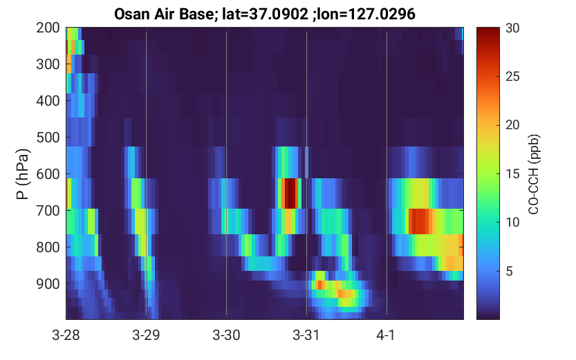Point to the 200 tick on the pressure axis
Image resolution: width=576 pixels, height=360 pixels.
[48, 28]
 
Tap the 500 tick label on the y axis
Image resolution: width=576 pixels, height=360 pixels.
[48, 138]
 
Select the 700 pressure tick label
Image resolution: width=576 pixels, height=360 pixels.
[48, 211]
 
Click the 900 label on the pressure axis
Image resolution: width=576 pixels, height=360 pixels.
[48, 284]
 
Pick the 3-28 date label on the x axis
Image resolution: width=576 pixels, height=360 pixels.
[66, 335]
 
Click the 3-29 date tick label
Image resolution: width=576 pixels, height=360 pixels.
[146, 335]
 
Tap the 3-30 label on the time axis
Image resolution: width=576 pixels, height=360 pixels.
[226, 335]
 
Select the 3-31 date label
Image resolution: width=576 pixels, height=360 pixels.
[306, 335]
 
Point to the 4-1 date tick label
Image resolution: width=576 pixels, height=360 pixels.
[386, 335]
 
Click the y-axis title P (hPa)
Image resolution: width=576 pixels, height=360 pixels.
[23, 174]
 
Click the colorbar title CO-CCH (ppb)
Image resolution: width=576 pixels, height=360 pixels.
[533, 174]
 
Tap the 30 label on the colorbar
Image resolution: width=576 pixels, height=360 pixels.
[512, 28]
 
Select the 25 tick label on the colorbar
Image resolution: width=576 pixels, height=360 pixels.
[512, 76]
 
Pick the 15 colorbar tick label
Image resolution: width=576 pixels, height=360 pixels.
[512, 173]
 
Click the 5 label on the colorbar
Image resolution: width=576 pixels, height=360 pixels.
[509, 271]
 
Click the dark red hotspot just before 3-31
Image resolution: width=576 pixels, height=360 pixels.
[290, 193]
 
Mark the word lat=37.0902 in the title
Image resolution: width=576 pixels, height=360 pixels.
[266, 15]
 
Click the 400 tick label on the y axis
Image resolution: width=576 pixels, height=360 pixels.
[48, 101]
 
